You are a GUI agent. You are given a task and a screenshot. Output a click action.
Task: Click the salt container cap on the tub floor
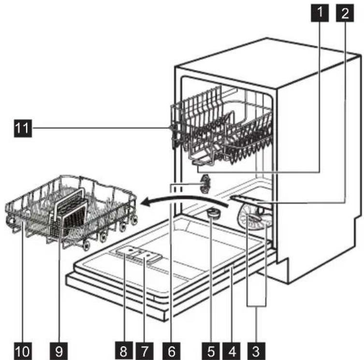coord(213,213)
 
